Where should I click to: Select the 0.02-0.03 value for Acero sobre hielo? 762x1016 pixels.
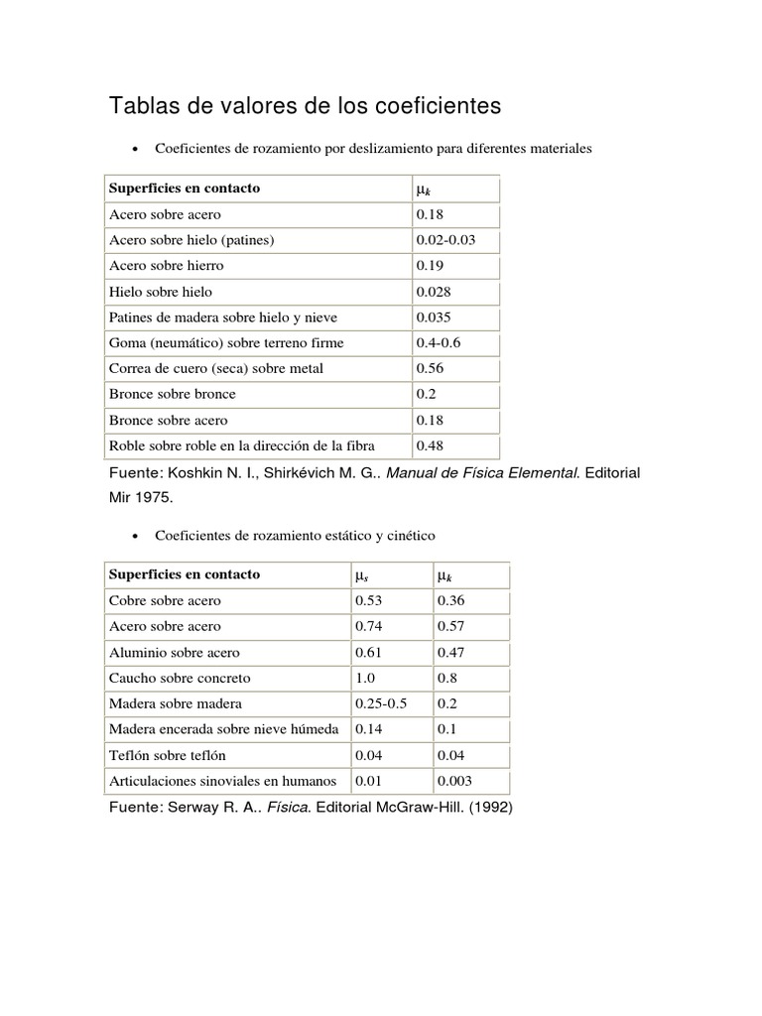[446, 240]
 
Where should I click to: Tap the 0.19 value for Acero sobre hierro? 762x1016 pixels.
[430, 266]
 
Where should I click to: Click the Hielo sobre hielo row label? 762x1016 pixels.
[161, 292]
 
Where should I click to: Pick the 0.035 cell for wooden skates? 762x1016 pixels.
[434, 317]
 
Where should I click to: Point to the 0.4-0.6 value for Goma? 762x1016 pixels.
[439, 343]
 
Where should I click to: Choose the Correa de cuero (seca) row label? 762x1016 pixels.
[216, 369]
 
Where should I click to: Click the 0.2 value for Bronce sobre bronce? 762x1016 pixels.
[426, 394]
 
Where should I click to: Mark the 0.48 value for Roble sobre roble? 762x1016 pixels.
[430, 445]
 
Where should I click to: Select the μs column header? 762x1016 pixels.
[363, 575]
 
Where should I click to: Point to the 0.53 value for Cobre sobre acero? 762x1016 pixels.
[367, 601]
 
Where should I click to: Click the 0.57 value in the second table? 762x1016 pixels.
[451, 627]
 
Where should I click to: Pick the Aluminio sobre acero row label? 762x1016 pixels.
[175, 653]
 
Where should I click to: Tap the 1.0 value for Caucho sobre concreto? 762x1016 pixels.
[363, 679]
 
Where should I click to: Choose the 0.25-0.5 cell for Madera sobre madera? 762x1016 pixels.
[381, 704]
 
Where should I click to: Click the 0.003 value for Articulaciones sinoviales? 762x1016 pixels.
[454, 781]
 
